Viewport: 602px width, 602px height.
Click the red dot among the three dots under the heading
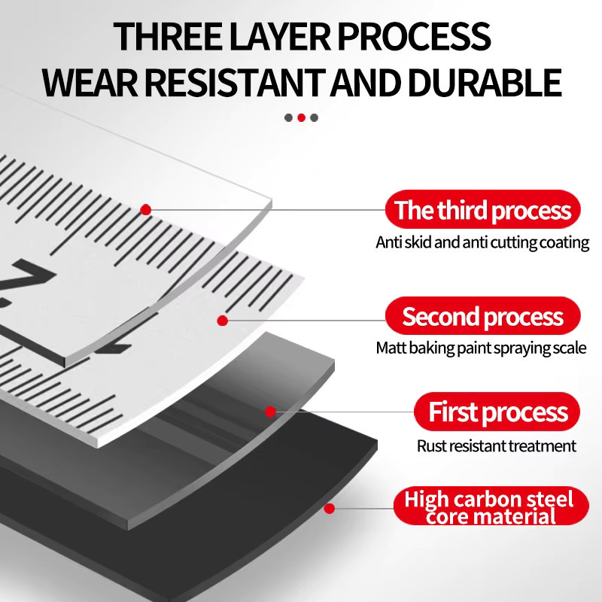(x=302, y=118)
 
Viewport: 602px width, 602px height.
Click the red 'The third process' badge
(x=482, y=209)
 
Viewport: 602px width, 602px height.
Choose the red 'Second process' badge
(x=482, y=315)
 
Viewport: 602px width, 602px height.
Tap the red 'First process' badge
(x=497, y=411)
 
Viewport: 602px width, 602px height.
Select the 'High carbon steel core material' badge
(x=491, y=506)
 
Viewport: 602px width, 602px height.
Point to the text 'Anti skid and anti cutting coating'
(x=482, y=242)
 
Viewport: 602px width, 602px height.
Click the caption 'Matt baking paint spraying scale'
(x=481, y=348)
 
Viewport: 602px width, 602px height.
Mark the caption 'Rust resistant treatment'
(x=497, y=446)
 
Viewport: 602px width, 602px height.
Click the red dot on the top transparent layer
(x=145, y=210)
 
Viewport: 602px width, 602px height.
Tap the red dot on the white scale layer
(x=222, y=321)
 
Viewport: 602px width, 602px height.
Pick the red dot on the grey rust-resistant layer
(x=270, y=412)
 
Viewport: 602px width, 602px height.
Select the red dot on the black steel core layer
(x=329, y=509)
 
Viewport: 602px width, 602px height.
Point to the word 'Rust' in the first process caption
(x=431, y=446)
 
